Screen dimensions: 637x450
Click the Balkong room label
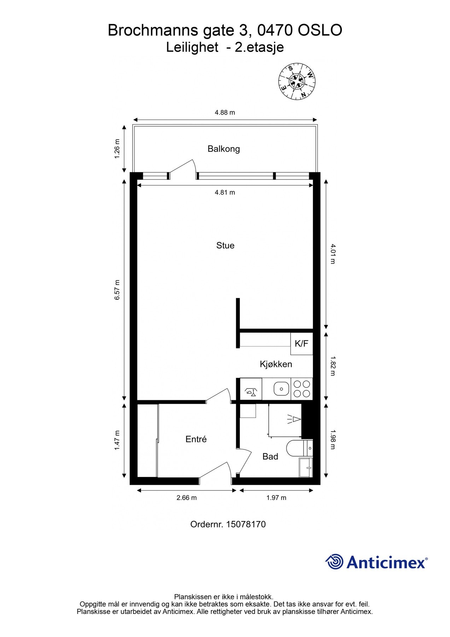pos(223,149)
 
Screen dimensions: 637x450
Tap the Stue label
pos(225,246)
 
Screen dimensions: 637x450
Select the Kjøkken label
pos(276,364)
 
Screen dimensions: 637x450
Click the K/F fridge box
pos(302,344)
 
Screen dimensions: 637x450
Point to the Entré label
pos(196,439)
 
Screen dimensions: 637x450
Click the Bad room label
pos(270,457)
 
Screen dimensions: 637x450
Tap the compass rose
pos(297,82)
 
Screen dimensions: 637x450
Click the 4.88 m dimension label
pos(225,113)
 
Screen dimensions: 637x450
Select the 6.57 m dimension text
pos(117,290)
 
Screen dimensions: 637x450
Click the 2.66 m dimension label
pos(186,498)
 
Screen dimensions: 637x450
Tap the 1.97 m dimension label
pos(276,498)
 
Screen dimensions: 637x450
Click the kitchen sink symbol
pos(281,389)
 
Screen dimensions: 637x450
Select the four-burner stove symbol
pos(302,389)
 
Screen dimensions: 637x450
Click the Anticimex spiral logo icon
pos(334,562)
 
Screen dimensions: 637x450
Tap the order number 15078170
pos(246,524)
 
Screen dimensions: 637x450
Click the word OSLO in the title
pos(320,30)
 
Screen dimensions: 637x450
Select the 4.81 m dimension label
pos(225,193)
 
